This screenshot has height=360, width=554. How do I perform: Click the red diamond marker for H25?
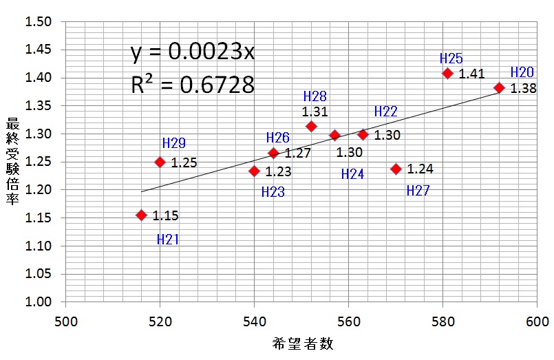447,73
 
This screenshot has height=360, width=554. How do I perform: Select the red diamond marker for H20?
500,87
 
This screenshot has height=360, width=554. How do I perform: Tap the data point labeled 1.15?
142,215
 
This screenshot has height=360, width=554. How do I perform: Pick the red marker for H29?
160,162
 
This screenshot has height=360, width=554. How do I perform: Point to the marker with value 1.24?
396,169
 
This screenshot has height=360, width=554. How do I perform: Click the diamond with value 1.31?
311,126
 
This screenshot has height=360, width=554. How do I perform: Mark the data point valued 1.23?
254,171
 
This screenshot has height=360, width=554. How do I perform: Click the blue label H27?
418,191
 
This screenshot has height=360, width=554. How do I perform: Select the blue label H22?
386,112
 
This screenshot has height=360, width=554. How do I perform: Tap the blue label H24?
353,175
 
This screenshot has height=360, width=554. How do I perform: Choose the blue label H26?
278,138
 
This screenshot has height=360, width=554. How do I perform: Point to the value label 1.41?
472,74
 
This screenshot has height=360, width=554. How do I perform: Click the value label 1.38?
524,88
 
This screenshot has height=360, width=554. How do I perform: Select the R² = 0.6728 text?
193,84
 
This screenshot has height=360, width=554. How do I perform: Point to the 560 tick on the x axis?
348,321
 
